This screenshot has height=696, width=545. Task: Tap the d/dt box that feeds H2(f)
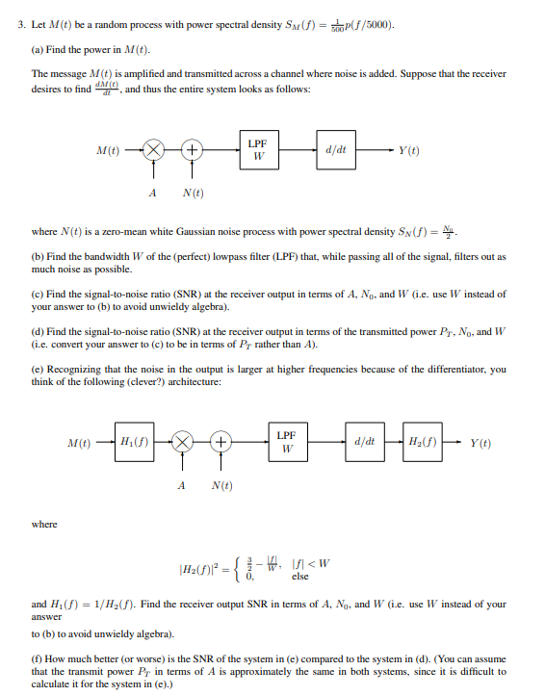(x=364, y=443)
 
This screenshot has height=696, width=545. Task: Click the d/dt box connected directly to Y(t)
(x=337, y=150)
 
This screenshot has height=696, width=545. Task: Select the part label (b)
(x=39, y=257)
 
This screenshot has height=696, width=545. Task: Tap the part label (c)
(x=39, y=294)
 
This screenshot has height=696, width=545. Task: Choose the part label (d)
(x=39, y=331)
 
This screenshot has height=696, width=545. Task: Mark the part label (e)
(x=39, y=369)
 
